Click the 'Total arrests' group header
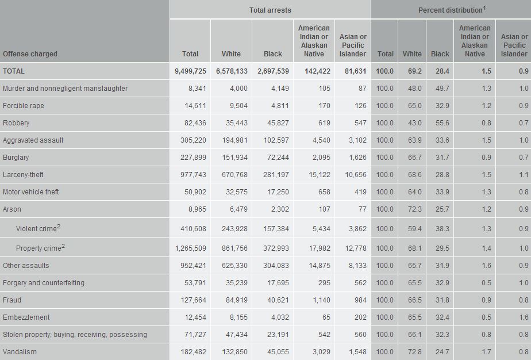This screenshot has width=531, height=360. (270, 10)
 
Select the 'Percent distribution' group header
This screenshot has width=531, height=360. (451, 10)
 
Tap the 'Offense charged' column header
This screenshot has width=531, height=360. (30, 54)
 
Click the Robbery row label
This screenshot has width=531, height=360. (16, 123)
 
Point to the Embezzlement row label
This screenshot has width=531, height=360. (26, 317)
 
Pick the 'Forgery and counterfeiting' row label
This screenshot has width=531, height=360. (44, 283)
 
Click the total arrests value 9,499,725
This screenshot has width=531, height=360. (190, 71)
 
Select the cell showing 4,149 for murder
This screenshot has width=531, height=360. (277, 89)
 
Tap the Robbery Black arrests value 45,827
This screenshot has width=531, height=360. (275, 123)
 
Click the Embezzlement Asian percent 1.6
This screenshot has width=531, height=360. (522, 317)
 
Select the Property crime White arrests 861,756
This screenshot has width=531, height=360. (236, 248)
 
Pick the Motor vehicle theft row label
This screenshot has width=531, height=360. (30, 192)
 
